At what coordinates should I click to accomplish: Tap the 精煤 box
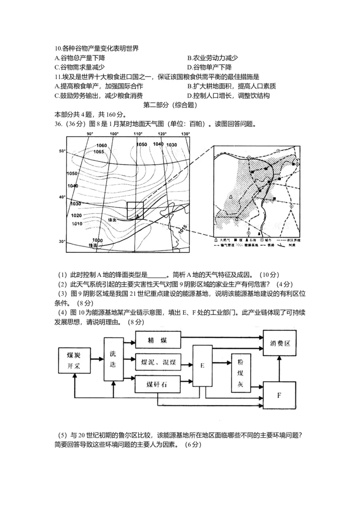[157, 340]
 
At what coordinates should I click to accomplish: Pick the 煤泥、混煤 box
[157, 362]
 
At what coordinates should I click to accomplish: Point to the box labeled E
[202, 365]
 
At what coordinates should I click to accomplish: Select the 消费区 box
[280, 343]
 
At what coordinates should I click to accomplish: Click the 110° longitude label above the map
[137, 134]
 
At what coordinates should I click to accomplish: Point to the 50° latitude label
[63, 151]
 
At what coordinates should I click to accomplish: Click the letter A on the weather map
[137, 216]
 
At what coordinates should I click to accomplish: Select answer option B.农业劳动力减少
[212, 58]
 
